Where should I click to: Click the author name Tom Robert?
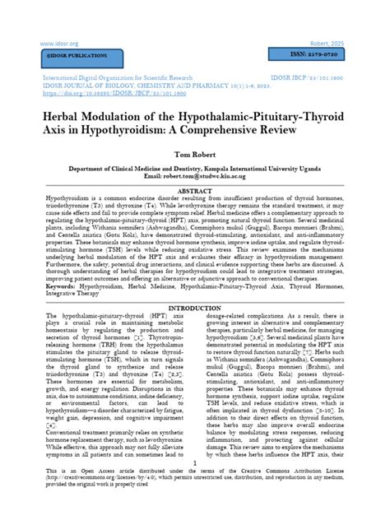[x=194, y=156]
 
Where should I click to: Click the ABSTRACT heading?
[x=195, y=190]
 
